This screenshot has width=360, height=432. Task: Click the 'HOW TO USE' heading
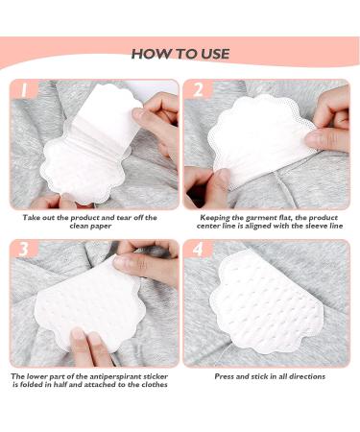pyautogui.click(x=180, y=54)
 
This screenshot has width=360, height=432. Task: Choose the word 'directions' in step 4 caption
pyautogui.click(x=303, y=376)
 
